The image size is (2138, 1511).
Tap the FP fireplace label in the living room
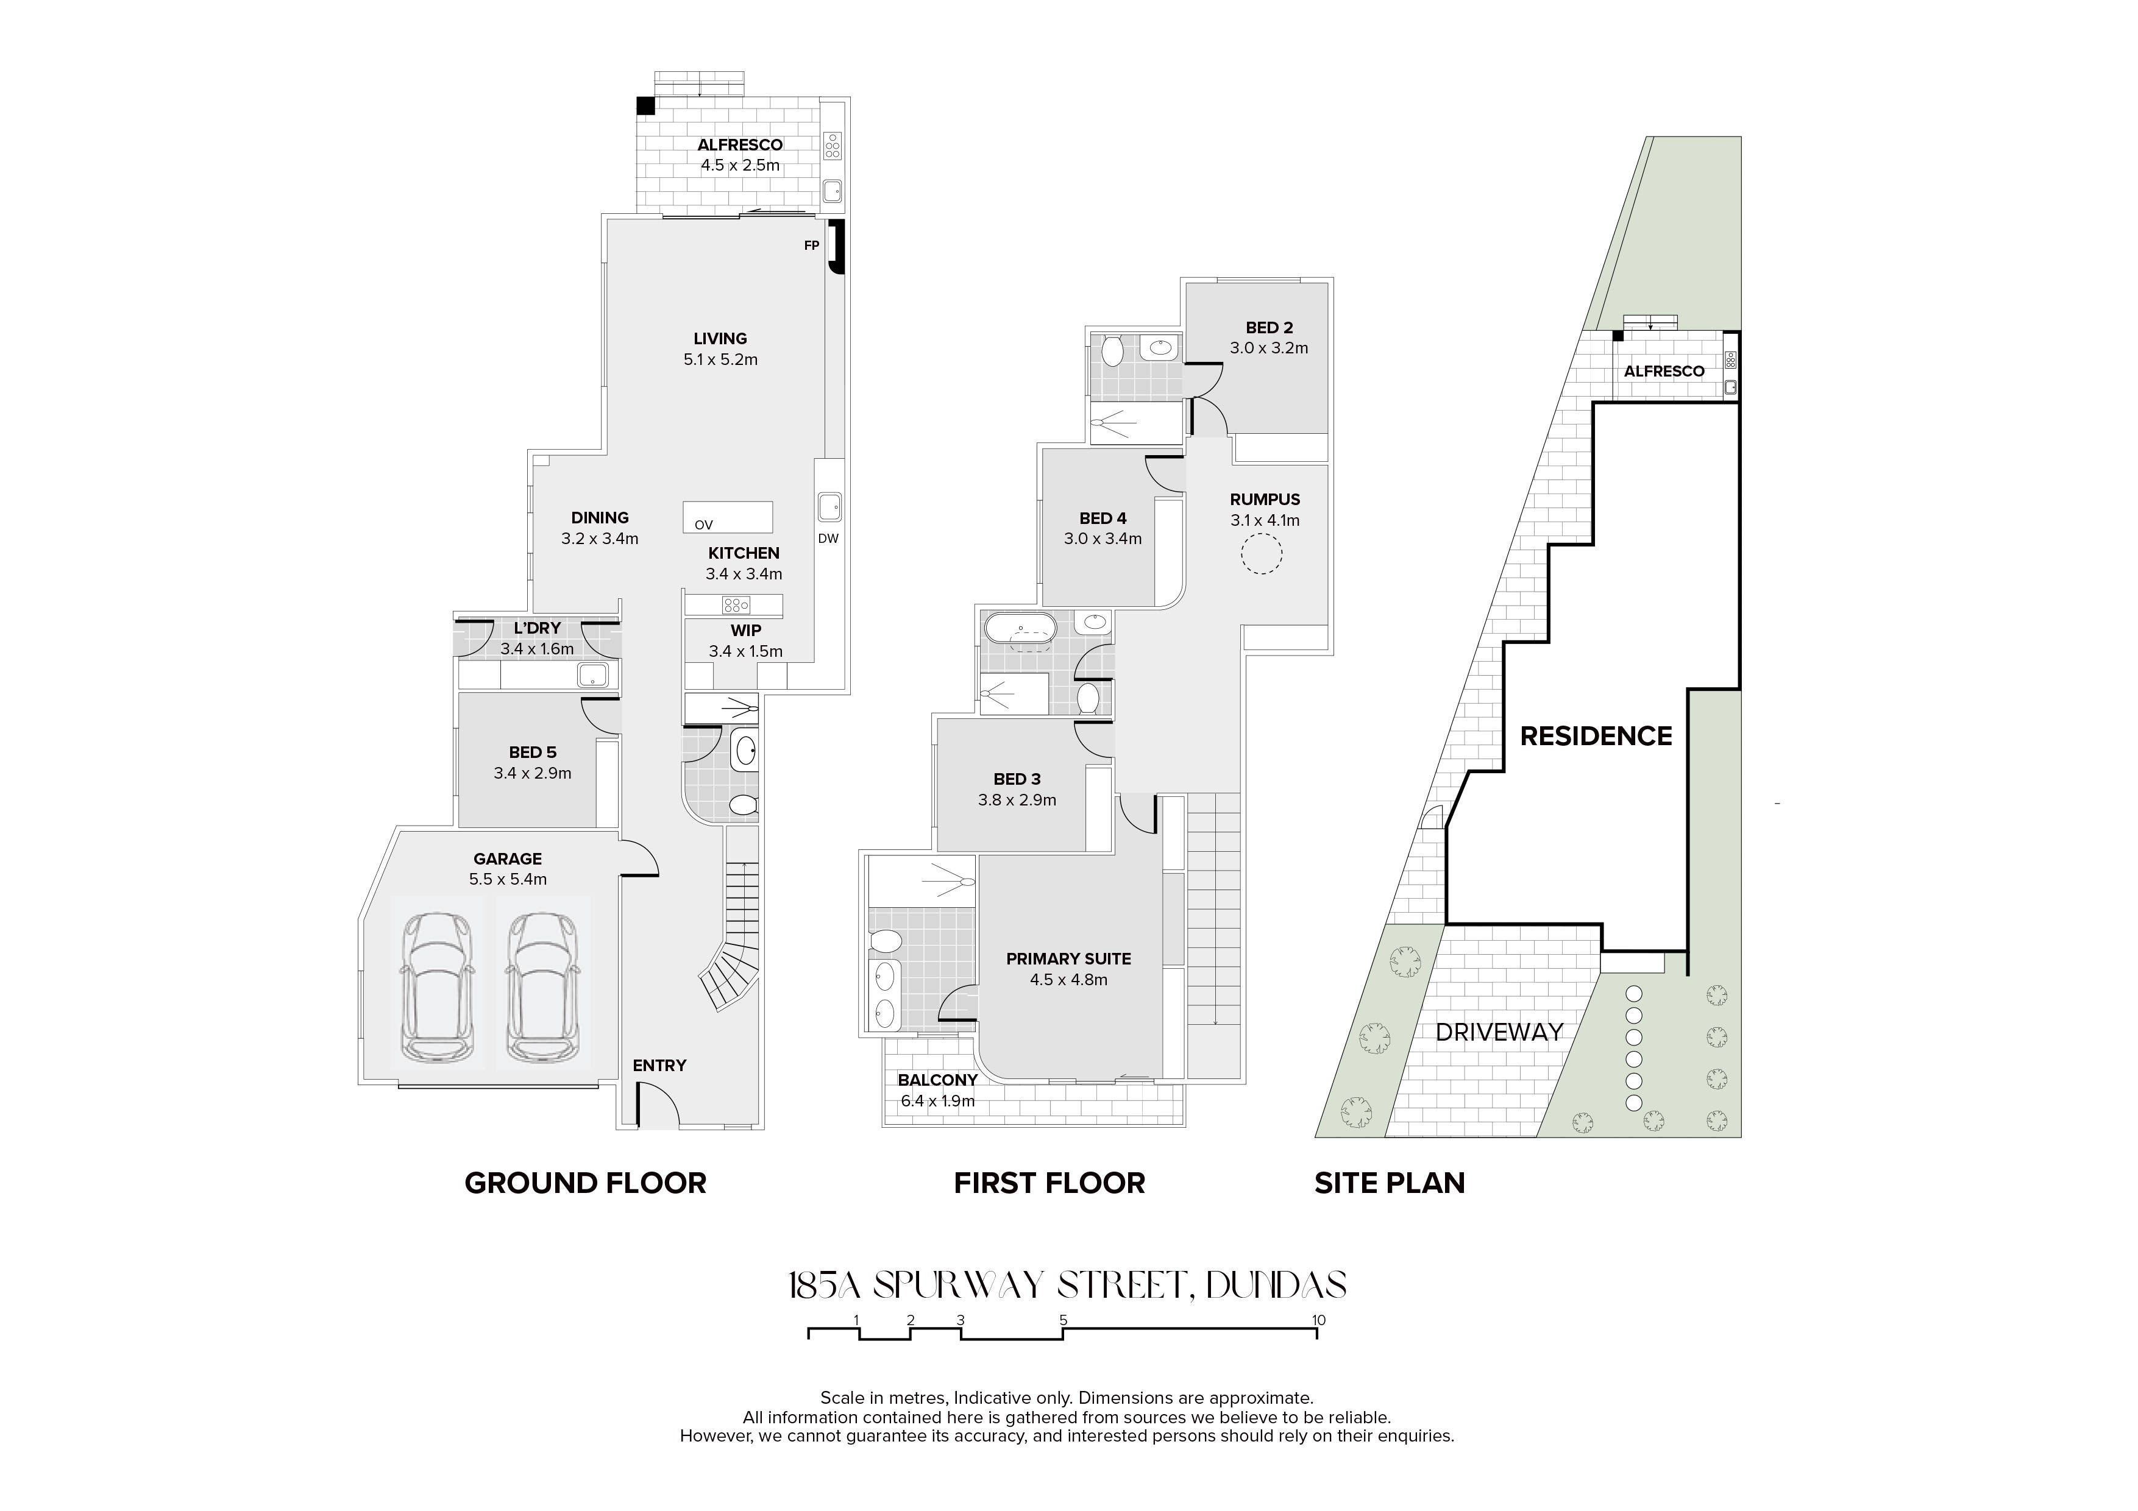(x=812, y=246)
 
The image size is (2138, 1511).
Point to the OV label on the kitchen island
(x=703, y=525)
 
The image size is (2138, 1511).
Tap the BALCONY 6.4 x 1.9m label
(x=938, y=1090)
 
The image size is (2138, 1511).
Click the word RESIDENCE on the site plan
(x=1596, y=737)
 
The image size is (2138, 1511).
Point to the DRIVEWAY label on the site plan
(x=1499, y=1033)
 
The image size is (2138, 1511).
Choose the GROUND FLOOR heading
(x=586, y=1183)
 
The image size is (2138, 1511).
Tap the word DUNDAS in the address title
(x=1276, y=1286)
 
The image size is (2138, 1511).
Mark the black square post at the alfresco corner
(x=646, y=105)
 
